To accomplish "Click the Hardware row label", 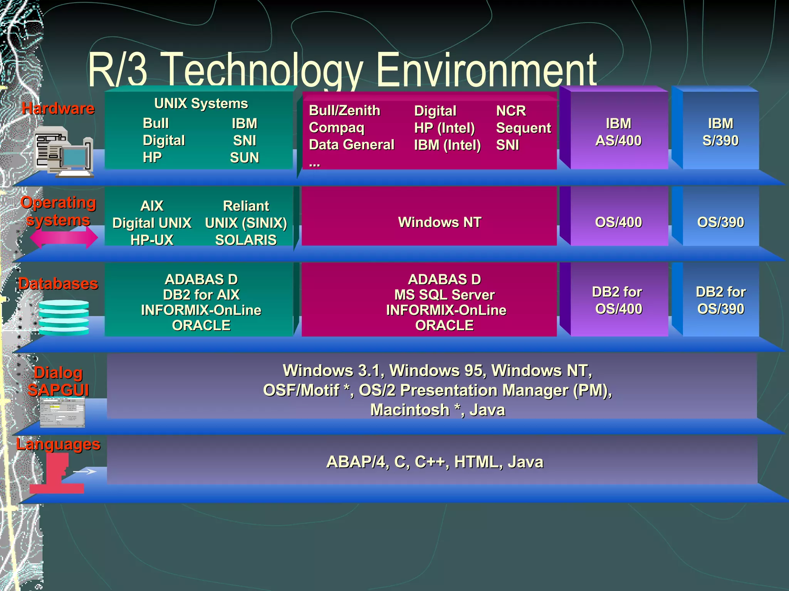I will point(58,109).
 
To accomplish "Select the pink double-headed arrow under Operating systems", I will point(64,237).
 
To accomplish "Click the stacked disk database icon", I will point(64,317).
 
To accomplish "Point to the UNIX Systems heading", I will point(201,104).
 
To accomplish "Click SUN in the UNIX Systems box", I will point(244,158).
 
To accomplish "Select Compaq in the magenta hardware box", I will point(336,128).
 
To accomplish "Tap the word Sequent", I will point(524,128).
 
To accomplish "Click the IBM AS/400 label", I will point(618,132).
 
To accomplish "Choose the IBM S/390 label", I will point(720,132).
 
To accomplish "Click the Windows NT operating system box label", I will point(440,222).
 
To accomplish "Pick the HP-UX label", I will point(152,240).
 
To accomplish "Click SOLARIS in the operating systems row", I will point(246,240).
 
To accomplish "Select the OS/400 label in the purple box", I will point(618,222).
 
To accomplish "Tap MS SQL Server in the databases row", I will point(444,295).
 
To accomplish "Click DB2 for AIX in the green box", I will point(201,295).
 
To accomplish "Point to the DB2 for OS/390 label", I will point(720,301).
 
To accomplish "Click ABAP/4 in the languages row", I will point(356,462).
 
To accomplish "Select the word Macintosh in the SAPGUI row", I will point(410,410).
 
